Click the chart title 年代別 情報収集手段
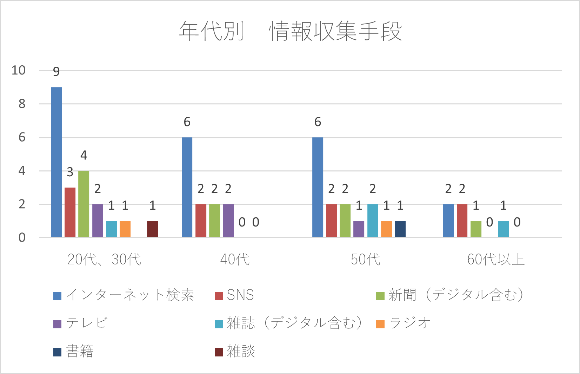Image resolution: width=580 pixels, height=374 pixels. pyautogui.click(x=291, y=31)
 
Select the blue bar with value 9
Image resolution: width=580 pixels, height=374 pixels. pyautogui.click(x=56, y=162)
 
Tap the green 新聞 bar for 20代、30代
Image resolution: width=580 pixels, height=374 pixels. pyautogui.click(x=84, y=204)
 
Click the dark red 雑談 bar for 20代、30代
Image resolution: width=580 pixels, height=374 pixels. pyautogui.click(x=152, y=229)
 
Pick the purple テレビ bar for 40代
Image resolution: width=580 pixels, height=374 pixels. pyautogui.click(x=228, y=221)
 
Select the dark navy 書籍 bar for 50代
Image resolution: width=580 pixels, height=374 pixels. pyautogui.click(x=400, y=229)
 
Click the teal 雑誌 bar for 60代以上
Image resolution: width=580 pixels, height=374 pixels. pyautogui.click(x=503, y=229)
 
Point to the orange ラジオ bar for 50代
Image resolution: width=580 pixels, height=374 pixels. pyautogui.click(x=386, y=229)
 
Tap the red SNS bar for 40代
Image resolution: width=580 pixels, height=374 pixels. pyautogui.click(x=201, y=221)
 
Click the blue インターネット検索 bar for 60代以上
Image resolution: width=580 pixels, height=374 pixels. pyautogui.click(x=448, y=221)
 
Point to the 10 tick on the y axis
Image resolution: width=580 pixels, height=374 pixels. pyautogui.click(x=19, y=70)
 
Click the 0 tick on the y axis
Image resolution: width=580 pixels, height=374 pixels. pyautogui.click(x=22, y=238)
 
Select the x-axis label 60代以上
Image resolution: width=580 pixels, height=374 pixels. pyautogui.click(x=496, y=260)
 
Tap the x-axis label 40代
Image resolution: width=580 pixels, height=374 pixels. pyautogui.click(x=235, y=260)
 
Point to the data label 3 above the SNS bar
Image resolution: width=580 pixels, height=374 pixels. pyautogui.click(x=70, y=172)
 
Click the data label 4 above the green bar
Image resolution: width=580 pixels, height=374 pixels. pyautogui.click(x=84, y=155)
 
